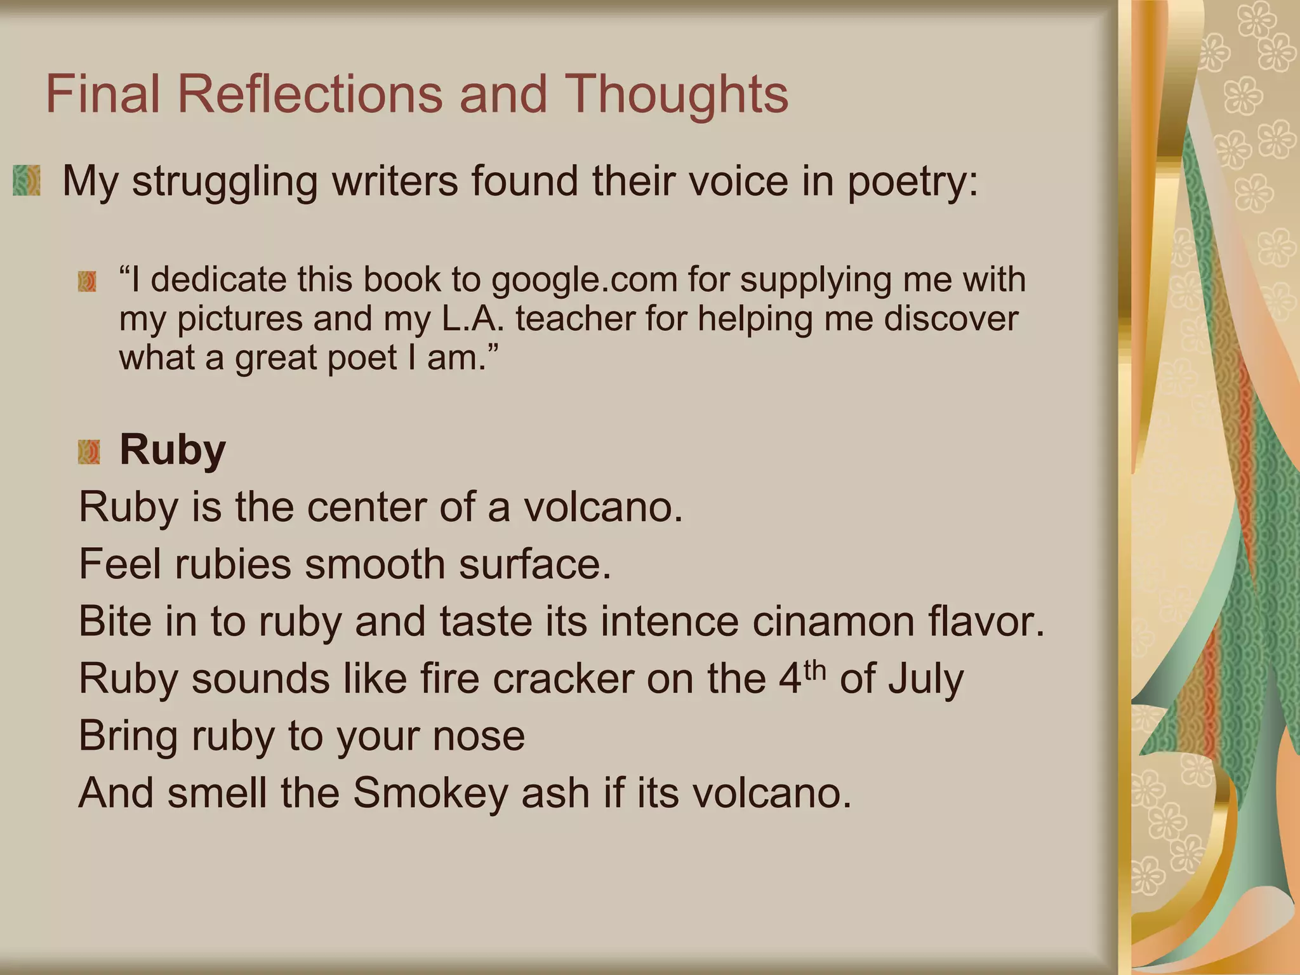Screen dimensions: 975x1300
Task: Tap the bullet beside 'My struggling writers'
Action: pos(27,180)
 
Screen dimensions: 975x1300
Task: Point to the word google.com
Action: pos(584,280)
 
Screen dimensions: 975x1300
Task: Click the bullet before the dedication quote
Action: pos(87,281)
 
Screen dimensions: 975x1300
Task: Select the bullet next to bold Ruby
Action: pos(89,452)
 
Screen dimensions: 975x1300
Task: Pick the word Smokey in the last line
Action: pos(430,793)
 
